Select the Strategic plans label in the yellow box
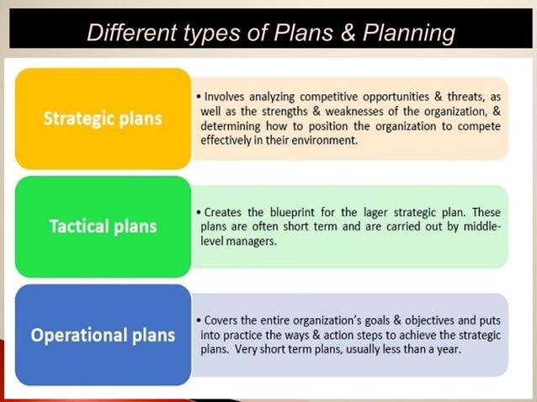(103, 119)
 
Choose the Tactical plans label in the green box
(103, 226)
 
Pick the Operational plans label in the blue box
(103, 335)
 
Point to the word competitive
(328, 97)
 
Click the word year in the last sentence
(449, 349)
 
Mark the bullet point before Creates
(197, 212)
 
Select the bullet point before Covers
(197, 320)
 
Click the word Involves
(226, 97)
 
